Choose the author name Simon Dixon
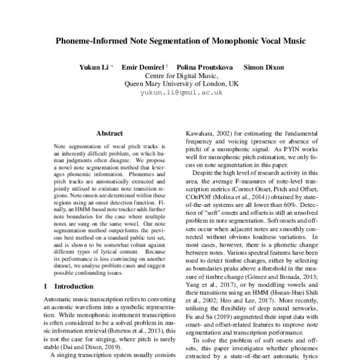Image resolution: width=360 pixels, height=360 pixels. tap(263, 67)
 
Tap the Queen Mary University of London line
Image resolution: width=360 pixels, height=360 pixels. tap(181, 84)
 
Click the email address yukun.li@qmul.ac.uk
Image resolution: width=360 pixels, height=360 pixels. tap(181, 93)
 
